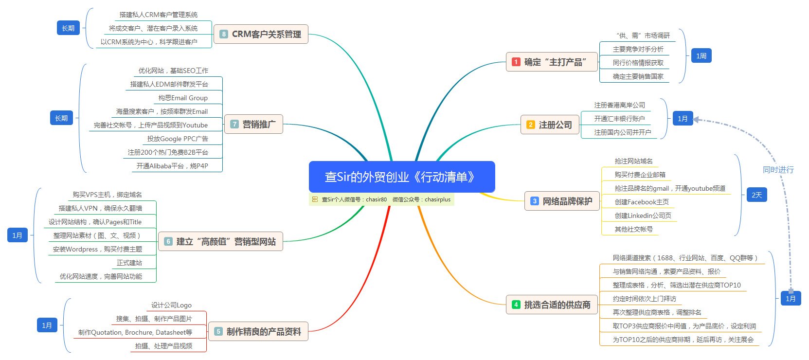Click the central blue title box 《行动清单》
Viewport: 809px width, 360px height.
click(402, 177)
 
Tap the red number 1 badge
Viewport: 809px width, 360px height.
click(516, 62)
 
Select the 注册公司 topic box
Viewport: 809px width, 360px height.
click(550, 125)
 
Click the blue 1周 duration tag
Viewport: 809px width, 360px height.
click(701, 56)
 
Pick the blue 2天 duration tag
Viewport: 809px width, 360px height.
click(756, 195)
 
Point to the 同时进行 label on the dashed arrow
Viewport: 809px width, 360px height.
click(778, 170)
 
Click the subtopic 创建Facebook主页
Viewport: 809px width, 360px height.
click(642, 202)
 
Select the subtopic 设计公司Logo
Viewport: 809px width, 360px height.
click(171, 305)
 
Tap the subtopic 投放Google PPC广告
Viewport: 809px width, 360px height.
click(178, 139)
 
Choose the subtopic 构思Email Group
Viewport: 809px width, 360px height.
click(183, 98)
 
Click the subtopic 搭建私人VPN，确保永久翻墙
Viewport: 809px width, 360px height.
click(100, 208)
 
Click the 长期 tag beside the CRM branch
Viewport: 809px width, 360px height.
click(68, 28)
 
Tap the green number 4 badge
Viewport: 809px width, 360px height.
click(516, 305)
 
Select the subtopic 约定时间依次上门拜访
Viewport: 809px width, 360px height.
click(644, 299)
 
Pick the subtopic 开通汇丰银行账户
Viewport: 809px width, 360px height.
click(619, 119)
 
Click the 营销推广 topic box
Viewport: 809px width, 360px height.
click(253, 124)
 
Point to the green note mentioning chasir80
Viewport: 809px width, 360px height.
click(381, 199)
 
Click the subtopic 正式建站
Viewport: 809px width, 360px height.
click(129, 263)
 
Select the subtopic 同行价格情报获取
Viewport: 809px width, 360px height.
click(638, 63)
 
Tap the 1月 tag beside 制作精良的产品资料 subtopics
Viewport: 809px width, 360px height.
click(47, 325)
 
